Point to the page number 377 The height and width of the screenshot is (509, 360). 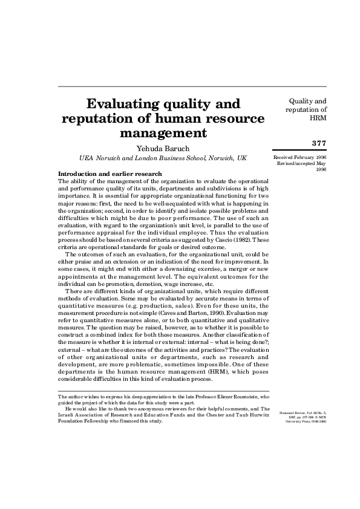point(318,143)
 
